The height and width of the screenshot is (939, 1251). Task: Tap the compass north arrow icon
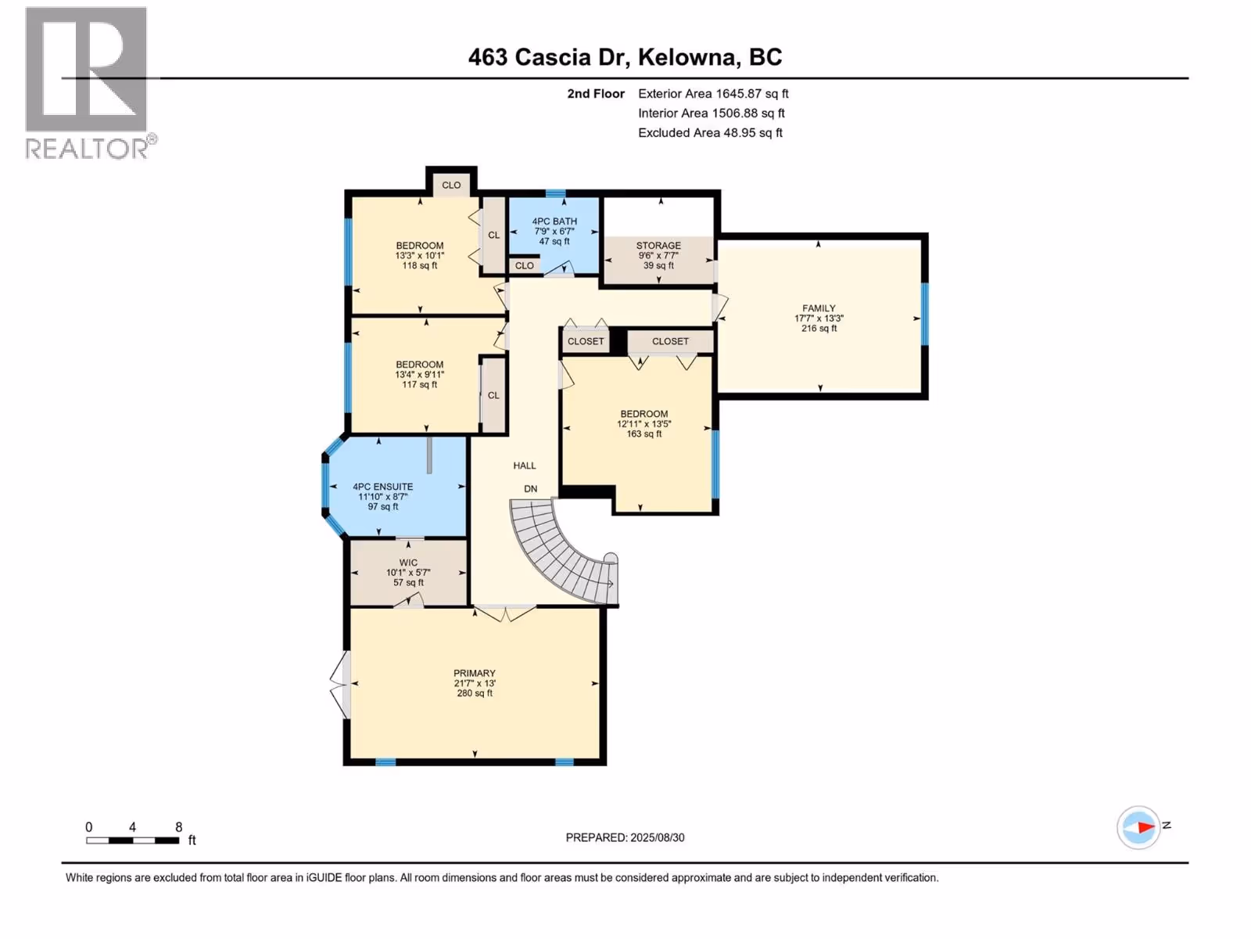tap(1138, 827)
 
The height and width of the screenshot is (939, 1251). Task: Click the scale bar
tap(133, 840)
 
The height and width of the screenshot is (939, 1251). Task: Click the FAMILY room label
tap(819, 308)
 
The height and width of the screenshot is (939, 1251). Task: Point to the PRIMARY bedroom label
tap(474, 673)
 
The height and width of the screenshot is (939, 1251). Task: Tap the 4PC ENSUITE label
tap(382, 487)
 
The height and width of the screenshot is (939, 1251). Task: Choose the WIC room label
tap(408, 563)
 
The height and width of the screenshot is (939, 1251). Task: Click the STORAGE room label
tap(658, 246)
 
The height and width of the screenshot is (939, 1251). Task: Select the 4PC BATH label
tap(554, 221)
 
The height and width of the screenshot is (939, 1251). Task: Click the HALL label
tap(525, 466)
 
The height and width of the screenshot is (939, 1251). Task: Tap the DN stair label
tap(531, 488)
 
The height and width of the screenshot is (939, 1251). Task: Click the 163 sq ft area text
tap(644, 434)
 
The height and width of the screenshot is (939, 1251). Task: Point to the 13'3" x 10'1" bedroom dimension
tap(419, 256)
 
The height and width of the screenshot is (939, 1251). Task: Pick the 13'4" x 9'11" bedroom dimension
tap(419, 375)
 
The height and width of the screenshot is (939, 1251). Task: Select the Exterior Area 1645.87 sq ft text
tap(713, 94)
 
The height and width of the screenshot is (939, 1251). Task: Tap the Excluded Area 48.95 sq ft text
tap(710, 133)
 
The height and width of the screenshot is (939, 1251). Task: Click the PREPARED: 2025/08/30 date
tap(625, 837)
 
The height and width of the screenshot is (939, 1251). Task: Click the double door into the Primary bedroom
tap(505, 613)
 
